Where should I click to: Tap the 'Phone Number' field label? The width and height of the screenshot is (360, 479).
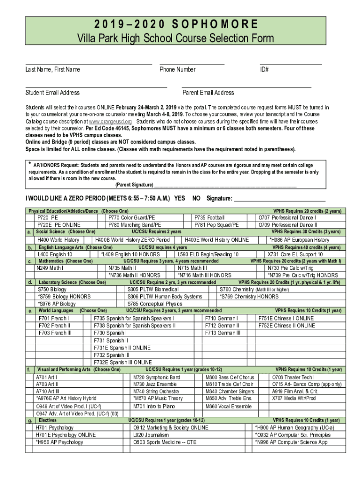[177, 70]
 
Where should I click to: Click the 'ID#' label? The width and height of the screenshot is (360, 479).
[264, 70]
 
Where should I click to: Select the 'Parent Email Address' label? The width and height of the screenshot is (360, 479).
[208, 93]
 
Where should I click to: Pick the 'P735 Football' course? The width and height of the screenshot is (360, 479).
[209, 218]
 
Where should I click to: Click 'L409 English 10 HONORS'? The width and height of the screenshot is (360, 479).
[130, 254]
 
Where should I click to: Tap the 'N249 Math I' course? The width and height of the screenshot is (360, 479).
[50, 268]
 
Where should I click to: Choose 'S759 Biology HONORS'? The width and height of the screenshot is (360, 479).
[64, 297]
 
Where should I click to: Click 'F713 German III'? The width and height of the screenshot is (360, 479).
[223, 333]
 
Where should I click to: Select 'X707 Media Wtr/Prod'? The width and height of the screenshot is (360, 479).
[294, 398]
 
